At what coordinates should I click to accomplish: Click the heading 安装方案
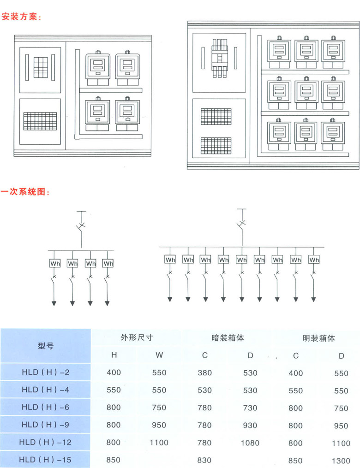(21, 18)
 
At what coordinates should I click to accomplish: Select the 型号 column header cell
(46, 345)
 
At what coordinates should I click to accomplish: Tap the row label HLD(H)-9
(45, 425)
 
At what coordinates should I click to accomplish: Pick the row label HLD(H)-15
(45, 460)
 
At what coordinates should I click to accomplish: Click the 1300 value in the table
(341, 461)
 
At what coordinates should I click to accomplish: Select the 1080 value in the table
(250, 443)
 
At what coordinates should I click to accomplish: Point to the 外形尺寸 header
(137, 338)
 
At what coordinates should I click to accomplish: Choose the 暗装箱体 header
(228, 338)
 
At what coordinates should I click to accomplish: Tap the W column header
(159, 355)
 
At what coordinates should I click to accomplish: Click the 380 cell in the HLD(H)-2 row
(204, 373)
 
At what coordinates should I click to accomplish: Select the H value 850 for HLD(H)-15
(114, 460)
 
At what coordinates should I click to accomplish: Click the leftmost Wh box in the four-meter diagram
(55, 263)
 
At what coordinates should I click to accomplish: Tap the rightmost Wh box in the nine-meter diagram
(314, 260)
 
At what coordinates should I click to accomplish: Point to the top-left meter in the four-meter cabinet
(97, 68)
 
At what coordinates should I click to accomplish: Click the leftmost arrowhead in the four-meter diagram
(54, 303)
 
